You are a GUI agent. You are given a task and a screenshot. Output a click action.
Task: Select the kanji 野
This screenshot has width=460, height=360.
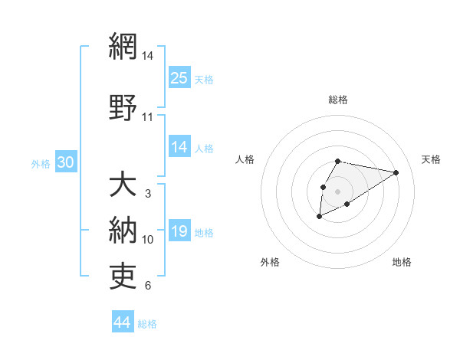[x=123, y=107]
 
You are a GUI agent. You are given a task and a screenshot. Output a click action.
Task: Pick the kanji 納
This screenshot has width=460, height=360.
[x=123, y=230]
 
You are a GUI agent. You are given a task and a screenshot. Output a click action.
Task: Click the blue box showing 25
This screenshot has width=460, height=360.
[x=179, y=77]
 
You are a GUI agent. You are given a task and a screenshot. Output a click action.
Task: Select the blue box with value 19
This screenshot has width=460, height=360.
[x=179, y=231]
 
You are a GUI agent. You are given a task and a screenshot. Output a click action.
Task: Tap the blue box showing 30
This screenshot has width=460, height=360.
[x=65, y=162]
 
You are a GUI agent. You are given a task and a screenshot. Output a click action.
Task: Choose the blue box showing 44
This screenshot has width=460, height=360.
[x=123, y=322]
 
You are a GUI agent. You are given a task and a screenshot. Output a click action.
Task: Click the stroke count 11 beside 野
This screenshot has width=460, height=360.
[x=148, y=117]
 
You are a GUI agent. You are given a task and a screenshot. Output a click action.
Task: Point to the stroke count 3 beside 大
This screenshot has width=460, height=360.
[x=148, y=194]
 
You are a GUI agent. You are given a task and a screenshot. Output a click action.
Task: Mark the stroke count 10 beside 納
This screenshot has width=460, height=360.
[x=148, y=240]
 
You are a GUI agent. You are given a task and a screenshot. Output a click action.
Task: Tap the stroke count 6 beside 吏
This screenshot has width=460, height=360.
[x=148, y=286]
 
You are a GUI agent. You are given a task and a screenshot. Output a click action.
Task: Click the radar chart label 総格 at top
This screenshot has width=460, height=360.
[x=338, y=100]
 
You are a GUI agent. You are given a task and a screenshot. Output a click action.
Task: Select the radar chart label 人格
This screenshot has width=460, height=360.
[x=245, y=159]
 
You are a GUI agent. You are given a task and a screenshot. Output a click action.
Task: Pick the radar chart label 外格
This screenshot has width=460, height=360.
[x=270, y=263]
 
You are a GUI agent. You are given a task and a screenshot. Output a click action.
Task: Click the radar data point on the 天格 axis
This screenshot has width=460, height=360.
[x=396, y=172]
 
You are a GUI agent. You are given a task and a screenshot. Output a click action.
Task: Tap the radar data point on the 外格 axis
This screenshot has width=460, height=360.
[x=320, y=217]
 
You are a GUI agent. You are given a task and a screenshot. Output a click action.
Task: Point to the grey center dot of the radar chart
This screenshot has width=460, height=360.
[x=338, y=191]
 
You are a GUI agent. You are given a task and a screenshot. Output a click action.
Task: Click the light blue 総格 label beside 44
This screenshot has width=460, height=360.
[x=147, y=324]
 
